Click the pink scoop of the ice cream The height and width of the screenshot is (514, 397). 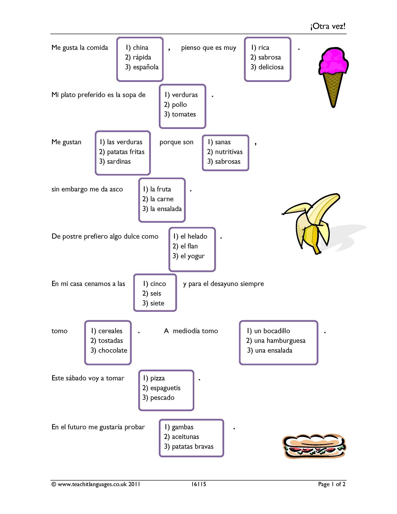click(333, 61)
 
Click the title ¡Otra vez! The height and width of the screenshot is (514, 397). click(328, 26)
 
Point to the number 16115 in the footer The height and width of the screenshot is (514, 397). click(199, 484)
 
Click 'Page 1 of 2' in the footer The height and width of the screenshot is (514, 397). click(332, 484)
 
